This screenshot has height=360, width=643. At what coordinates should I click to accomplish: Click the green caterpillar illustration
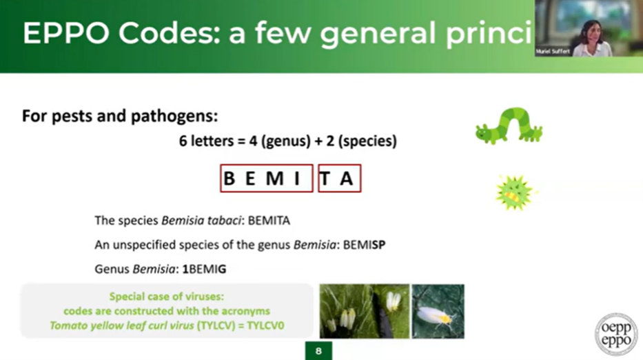[509, 126]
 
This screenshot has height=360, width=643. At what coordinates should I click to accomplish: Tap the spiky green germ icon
[513, 192]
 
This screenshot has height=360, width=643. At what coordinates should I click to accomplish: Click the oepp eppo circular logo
[616, 334]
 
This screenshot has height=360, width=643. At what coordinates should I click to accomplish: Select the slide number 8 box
[318, 351]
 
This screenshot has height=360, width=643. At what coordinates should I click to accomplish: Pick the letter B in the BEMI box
[229, 179]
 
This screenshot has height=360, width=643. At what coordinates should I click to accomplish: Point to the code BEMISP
[364, 245]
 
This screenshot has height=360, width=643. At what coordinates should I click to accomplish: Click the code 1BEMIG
[204, 269]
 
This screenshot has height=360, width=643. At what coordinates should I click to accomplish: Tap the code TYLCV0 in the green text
[265, 326]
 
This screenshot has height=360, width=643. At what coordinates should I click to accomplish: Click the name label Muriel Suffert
[553, 51]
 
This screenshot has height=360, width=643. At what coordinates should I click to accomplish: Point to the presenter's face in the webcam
[591, 32]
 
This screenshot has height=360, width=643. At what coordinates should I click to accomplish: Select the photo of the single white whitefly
[438, 311]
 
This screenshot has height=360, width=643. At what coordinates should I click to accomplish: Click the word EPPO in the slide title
[65, 33]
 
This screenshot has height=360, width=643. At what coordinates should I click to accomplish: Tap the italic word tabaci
[223, 221]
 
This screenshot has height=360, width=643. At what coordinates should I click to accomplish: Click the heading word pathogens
[173, 117]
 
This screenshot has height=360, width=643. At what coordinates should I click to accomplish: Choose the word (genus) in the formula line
[286, 141]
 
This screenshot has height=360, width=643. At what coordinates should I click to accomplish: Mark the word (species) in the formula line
[367, 141]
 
